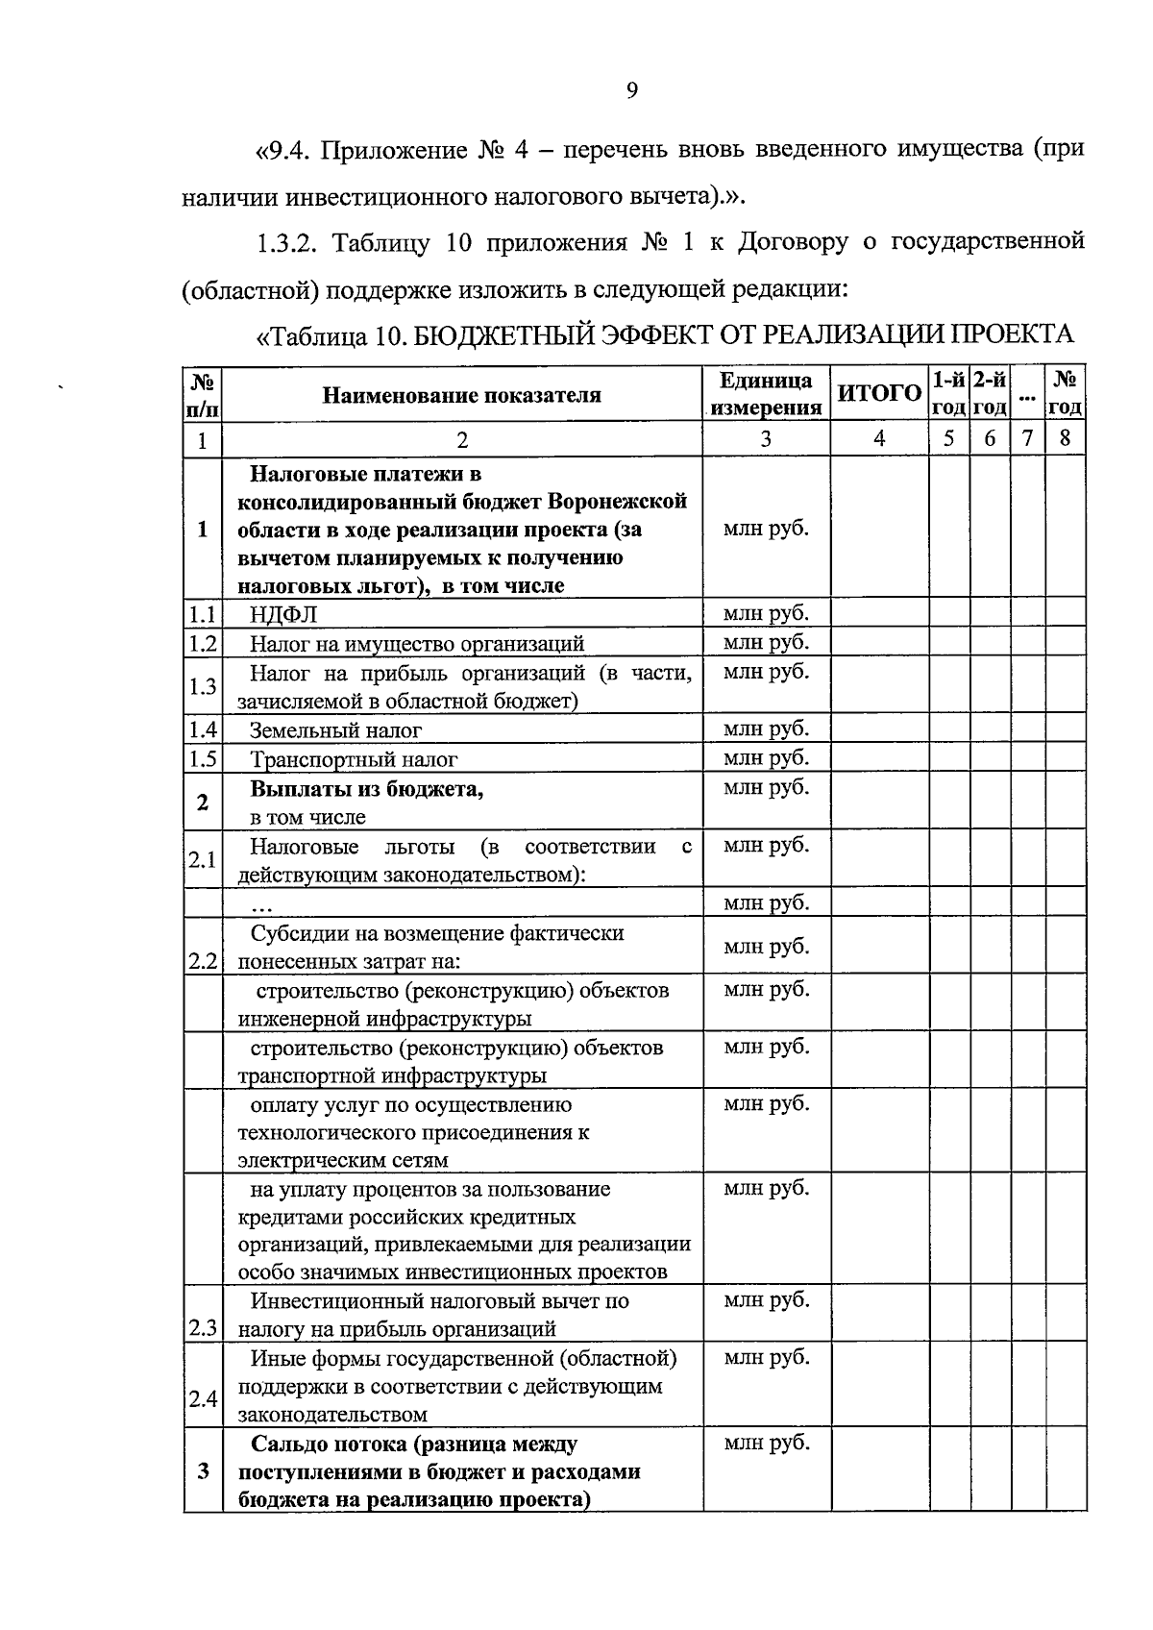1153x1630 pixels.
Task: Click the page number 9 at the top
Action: [631, 91]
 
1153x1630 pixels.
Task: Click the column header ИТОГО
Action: [879, 394]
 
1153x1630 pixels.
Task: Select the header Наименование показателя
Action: [461, 395]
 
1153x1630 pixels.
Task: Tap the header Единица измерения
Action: [766, 394]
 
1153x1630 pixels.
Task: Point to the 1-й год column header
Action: [948, 394]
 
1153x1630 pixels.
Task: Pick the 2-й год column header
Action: [989, 394]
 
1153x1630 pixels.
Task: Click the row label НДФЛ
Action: [283, 614]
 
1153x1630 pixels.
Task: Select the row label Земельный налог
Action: [335, 730]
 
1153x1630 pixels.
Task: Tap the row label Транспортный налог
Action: [354, 759]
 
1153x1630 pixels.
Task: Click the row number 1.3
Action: [203, 686]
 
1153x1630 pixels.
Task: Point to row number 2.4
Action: [203, 1399]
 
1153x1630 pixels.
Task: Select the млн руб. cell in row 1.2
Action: [766, 642]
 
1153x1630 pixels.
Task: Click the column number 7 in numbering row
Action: [1027, 439]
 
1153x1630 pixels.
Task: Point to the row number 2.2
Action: [203, 961]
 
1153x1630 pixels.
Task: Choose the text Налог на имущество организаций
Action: [417, 643]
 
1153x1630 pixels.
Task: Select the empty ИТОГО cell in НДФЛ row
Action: [879, 613]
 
